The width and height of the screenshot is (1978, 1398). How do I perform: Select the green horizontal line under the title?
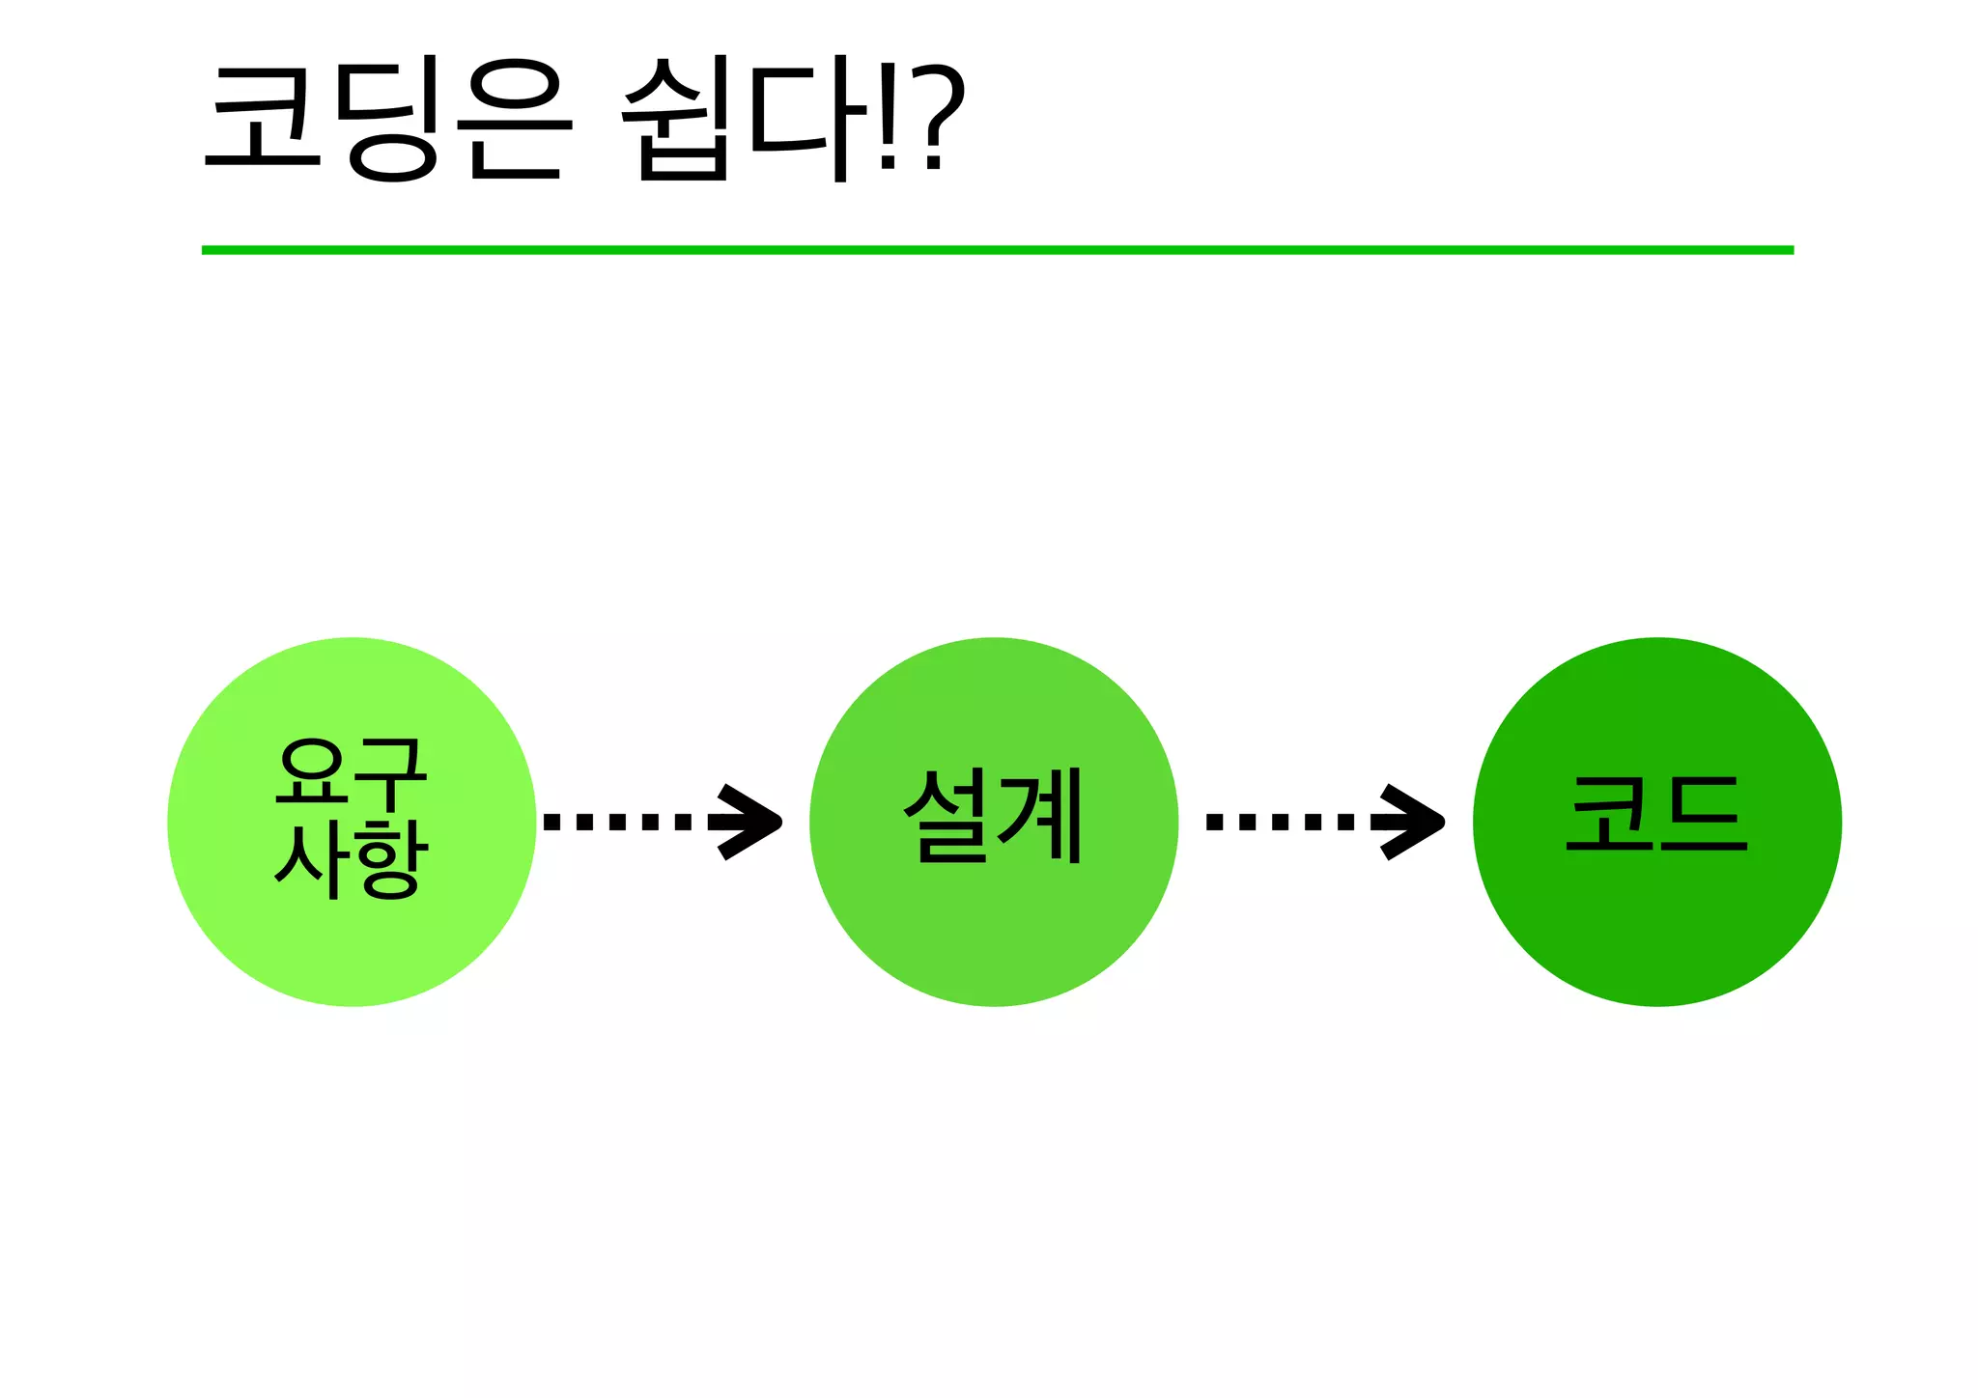(997, 250)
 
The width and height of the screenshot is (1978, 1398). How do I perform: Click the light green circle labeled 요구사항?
(352, 946)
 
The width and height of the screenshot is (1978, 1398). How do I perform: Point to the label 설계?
(994, 817)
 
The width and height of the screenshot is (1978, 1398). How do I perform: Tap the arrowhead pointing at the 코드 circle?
(1414, 822)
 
